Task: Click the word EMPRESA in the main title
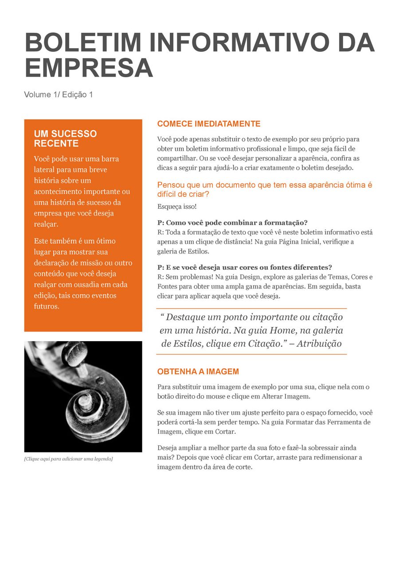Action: click(x=89, y=68)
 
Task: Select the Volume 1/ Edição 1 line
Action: click(x=59, y=94)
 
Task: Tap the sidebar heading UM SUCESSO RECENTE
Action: click(x=65, y=139)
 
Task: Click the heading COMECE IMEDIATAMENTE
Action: click(x=209, y=124)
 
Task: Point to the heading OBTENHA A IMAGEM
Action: click(x=198, y=372)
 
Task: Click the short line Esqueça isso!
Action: click(x=177, y=206)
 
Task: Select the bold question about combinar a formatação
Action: click(x=232, y=222)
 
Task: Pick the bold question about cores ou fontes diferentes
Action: click(x=245, y=267)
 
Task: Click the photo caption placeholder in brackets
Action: click(x=68, y=459)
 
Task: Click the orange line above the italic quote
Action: click(x=251, y=308)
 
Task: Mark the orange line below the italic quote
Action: click(x=251, y=354)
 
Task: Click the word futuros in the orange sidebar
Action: click(x=46, y=306)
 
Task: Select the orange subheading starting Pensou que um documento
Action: click(x=265, y=190)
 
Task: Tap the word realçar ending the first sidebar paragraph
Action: click(x=46, y=224)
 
